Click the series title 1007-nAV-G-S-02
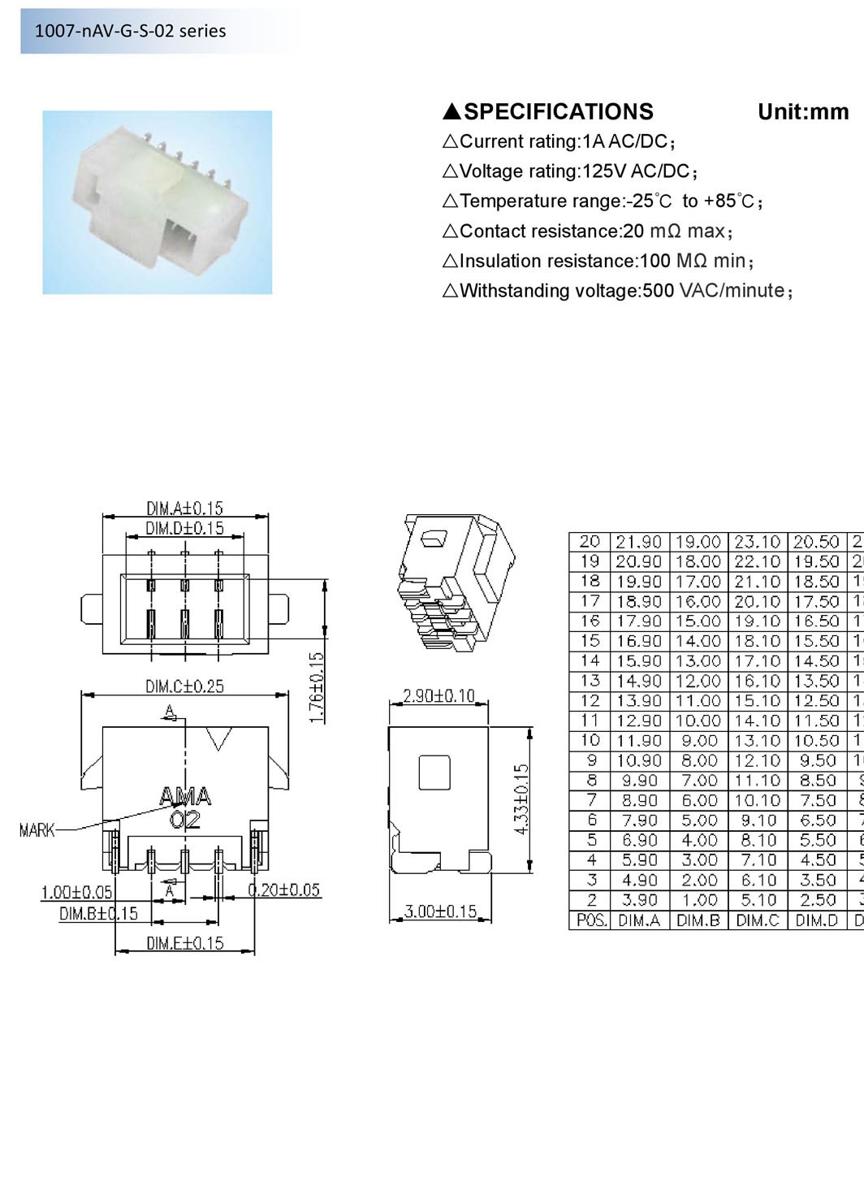coord(130,31)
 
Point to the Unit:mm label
coord(802,112)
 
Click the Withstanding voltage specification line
coord(617,291)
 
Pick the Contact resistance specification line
coord(588,232)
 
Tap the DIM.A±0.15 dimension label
coord(184,508)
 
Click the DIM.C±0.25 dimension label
coord(184,686)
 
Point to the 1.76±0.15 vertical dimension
coord(318,686)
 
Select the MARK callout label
coord(37,830)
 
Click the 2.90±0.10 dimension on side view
coord(438,696)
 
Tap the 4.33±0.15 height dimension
coord(522,799)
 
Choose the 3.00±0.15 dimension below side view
coord(440,911)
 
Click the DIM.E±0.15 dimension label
coord(184,943)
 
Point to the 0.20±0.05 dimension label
coord(283,890)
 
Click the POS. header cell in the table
coord(590,920)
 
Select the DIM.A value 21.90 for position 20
coord(639,542)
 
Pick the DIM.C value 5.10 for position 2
coord(757,900)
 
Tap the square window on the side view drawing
coord(434,772)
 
